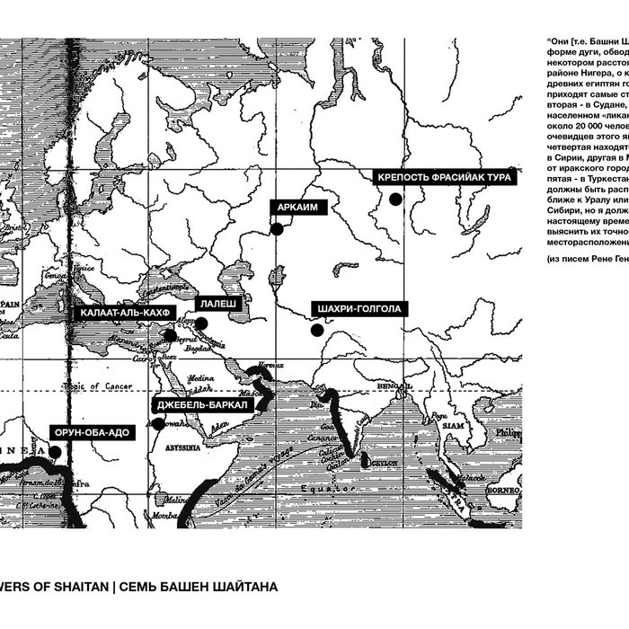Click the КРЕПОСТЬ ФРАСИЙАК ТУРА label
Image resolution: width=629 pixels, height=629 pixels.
[445, 178]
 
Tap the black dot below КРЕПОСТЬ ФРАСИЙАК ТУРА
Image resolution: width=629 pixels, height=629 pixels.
[394, 199]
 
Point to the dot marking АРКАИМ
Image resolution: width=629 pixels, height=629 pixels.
[278, 229]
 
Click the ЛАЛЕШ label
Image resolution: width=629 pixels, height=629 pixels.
[217, 306]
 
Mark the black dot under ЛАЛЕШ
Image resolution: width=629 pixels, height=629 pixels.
[201, 324]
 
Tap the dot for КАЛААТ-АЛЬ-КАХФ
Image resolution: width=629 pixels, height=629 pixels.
[170, 336]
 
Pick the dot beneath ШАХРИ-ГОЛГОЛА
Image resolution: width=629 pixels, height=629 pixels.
[317, 330]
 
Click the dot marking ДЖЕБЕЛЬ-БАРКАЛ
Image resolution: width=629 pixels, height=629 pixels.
[159, 423]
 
